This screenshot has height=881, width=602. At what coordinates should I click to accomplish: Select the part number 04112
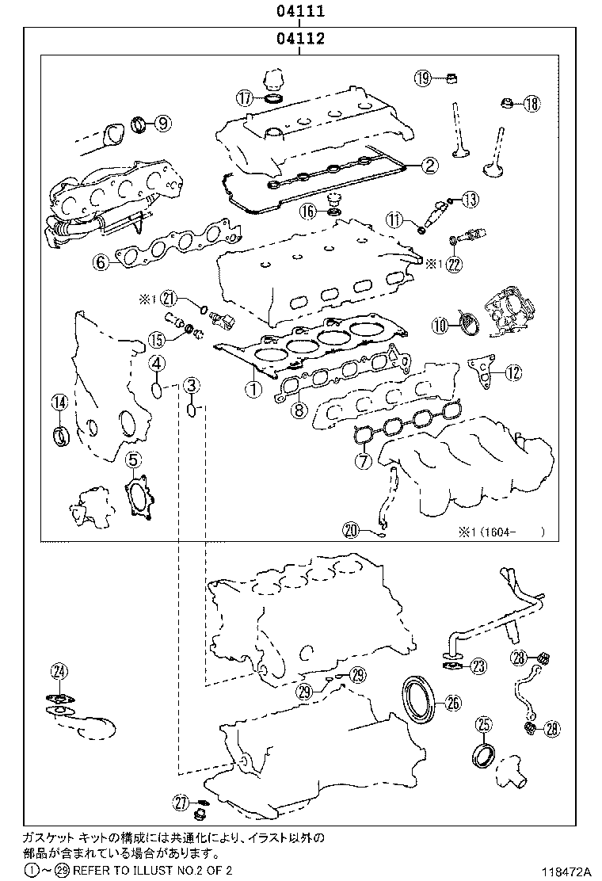click(300, 39)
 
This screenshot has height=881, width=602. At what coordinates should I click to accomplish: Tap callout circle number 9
click(162, 123)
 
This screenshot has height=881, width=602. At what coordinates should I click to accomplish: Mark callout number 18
click(530, 104)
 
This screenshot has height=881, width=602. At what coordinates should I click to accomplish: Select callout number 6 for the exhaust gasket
click(101, 261)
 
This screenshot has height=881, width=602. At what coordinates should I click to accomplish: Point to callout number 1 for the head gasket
click(252, 388)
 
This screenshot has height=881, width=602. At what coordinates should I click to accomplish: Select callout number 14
click(59, 402)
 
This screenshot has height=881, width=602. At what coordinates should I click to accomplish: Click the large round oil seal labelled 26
click(418, 697)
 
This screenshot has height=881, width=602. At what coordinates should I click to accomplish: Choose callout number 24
click(58, 671)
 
